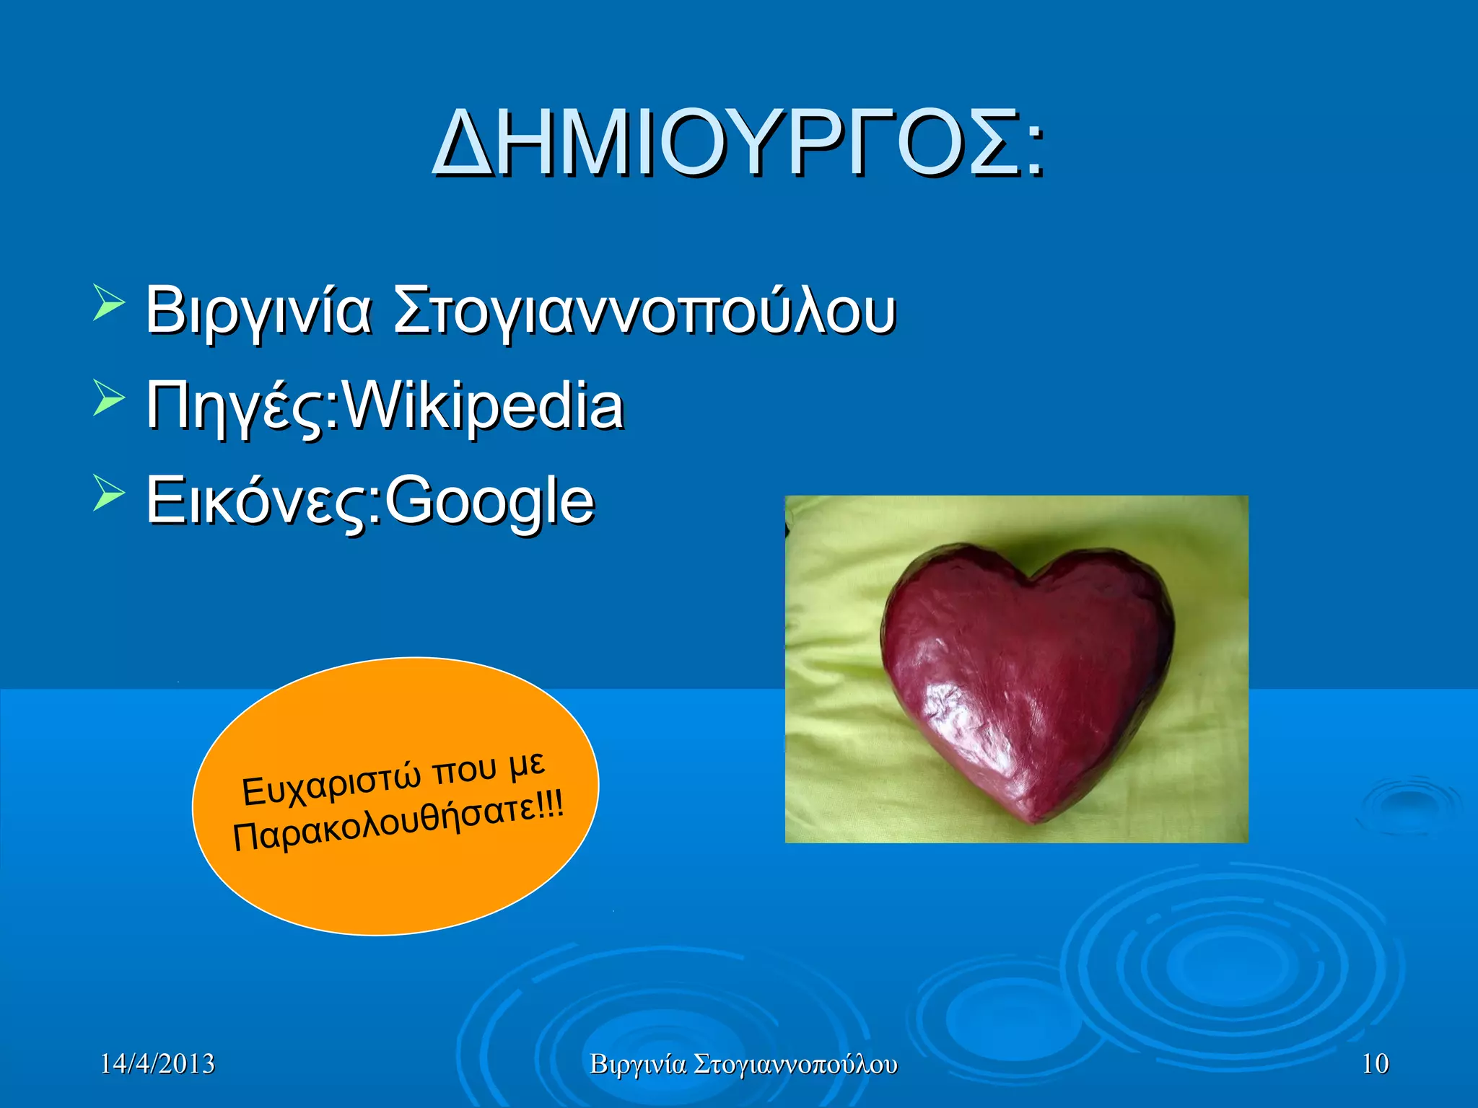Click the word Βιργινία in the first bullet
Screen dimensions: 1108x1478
[x=258, y=312]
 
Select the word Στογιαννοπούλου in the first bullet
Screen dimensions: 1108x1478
[x=644, y=312]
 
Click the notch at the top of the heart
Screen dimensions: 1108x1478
[x=1033, y=577]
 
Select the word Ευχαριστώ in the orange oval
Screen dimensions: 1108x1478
[x=331, y=783]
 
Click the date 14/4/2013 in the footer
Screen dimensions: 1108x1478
[x=157, y=1064]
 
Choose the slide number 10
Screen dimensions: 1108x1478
[x=1375, y=1064]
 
